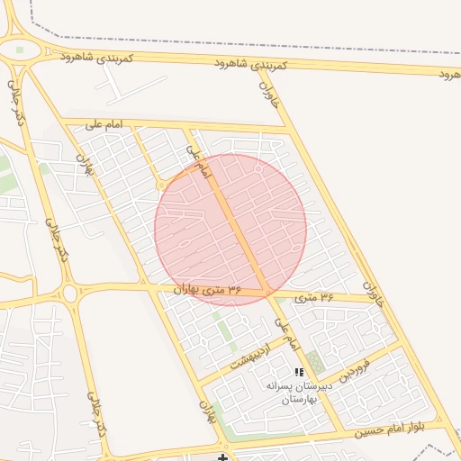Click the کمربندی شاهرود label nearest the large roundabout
click(96, 57)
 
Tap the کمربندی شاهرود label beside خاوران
click(252, 64)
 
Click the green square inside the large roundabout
click(20, 50)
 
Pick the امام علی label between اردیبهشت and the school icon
click(285, 334)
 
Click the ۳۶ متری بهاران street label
click(208, 289)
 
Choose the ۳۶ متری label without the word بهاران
click(314, 296)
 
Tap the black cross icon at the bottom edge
click(222, 457)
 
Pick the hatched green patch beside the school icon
click(314, 363)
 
